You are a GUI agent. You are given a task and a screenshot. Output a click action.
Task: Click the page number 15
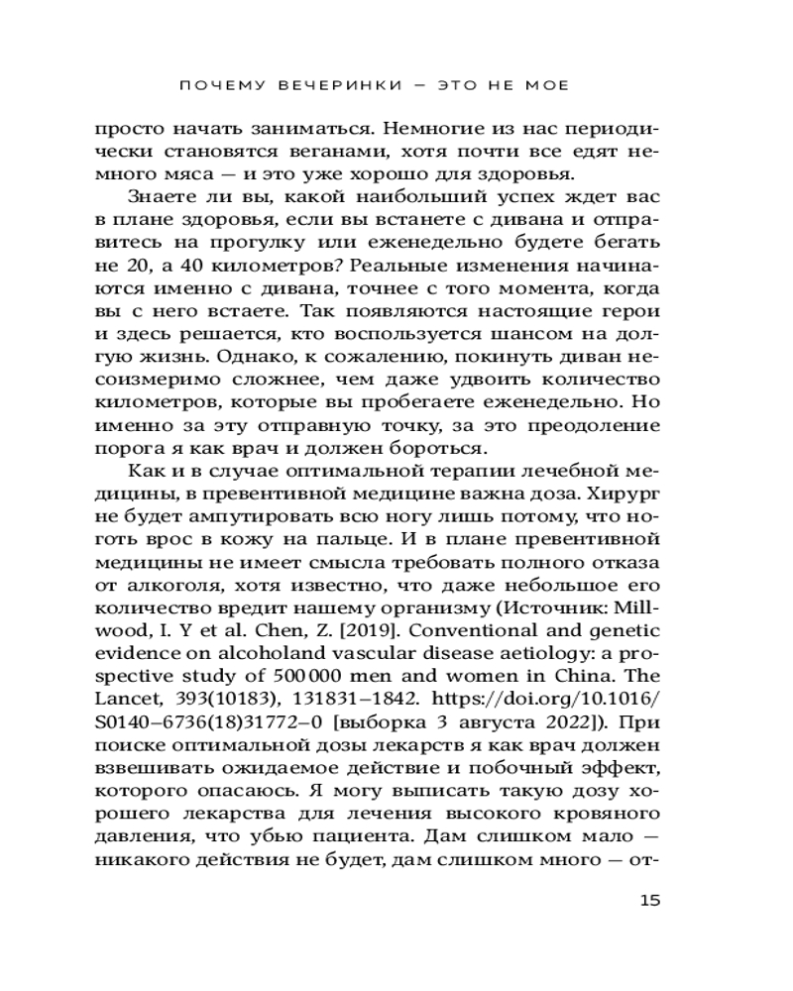point(649,901)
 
